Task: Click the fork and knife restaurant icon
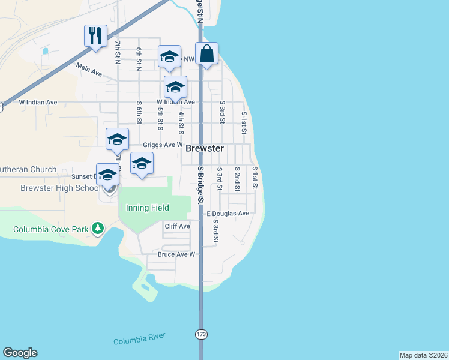click(x=95, y=35)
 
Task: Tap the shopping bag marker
click(x=206, y=53)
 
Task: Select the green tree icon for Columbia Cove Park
click(x=97, y=229)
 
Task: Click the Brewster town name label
click(x=205, y=148)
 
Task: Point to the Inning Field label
click(x=148, y=208)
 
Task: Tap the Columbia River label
click(x=139, y=339)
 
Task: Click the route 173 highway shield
click(x=200, y=334)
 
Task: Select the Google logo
click(x=20, y=353)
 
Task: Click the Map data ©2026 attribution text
click(x=423, y=355)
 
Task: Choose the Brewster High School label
click(x=61, y=188)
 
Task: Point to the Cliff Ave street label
click(x=177, y=226)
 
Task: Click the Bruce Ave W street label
click(x=176, y=254)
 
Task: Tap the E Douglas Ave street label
click(x=228, y=214)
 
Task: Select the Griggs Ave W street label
click(x=162, y=145)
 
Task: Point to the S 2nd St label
click(x=237, y=179)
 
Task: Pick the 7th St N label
click(x=118, y=52)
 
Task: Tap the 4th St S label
click(x=181, y=122)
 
